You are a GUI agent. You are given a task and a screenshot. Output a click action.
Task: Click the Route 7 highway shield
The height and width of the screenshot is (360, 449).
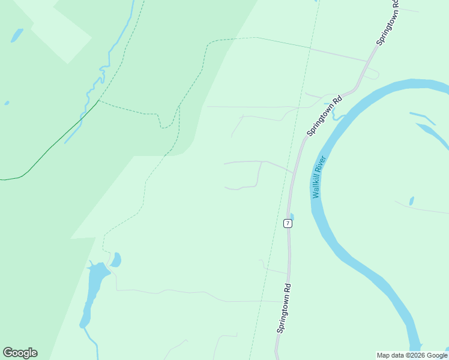pos(288,223)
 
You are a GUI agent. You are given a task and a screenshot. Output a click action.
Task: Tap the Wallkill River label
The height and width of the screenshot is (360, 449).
pos(319,177)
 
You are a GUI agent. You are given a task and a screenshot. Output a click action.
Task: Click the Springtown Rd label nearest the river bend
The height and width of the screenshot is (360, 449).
pos(324,115)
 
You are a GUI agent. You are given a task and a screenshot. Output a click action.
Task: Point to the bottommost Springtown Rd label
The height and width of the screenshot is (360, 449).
pos(284,308)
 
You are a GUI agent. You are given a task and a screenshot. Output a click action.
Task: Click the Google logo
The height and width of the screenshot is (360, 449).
pos(20,353)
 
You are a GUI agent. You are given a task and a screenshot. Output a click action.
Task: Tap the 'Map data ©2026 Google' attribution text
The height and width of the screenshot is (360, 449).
pos(412,355)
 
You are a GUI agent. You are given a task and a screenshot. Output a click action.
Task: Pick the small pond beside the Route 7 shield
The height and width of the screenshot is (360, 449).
pos(292,217)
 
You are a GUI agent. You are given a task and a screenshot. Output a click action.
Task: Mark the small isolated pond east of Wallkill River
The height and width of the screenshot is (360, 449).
pos(411,201)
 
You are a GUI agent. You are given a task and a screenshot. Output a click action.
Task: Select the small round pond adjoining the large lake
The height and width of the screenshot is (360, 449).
pos(116,260)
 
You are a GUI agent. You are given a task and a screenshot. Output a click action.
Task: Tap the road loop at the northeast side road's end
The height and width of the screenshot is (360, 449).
pos(373,74)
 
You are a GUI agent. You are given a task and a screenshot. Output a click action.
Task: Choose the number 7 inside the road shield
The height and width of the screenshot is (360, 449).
pos(288,223)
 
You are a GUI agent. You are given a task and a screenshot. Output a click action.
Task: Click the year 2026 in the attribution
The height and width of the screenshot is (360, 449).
pos(419,355)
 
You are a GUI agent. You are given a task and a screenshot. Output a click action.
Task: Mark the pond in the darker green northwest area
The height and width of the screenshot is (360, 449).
pos(16,35)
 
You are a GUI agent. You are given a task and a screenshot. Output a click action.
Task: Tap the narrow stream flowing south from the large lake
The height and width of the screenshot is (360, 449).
pos(92,340)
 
